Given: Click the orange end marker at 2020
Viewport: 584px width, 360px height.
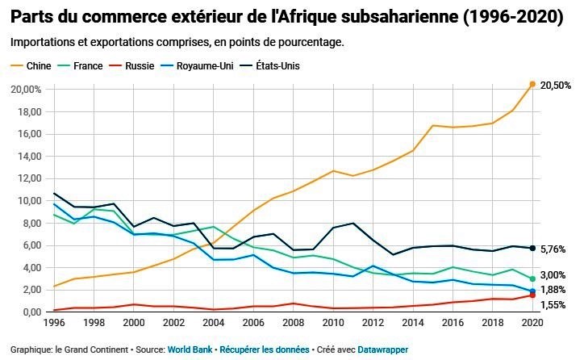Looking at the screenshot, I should click(x=532, y=84).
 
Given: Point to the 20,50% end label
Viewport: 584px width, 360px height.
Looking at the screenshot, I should click(x=556, y=85).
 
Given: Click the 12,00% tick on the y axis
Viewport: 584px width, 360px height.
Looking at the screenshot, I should click(x=26, y=178).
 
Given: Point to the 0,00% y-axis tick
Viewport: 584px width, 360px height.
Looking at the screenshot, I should click(x=28, y=312).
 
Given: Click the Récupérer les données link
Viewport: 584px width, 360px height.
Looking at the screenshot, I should click(x=264, y=350).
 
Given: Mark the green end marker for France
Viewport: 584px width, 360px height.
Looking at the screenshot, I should click(x=532, y=278).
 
